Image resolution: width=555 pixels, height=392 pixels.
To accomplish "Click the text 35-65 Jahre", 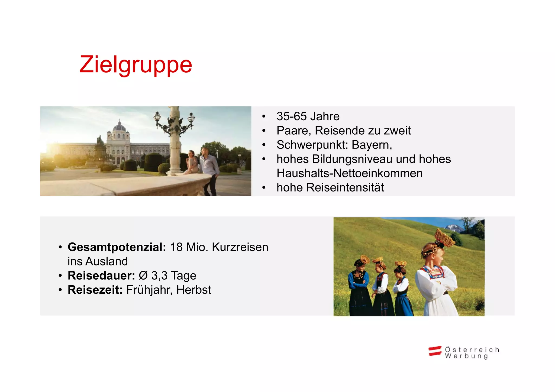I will click(x=308, y=116).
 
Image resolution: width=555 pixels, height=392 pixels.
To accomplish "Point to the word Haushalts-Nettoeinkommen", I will click(x=349, y=173).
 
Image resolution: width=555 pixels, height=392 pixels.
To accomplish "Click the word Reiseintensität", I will click(x=345, y=187).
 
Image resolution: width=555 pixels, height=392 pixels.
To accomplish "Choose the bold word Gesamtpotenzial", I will click(x=117, y=247).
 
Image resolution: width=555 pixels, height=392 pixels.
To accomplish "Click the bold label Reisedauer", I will click(x=101, y=276).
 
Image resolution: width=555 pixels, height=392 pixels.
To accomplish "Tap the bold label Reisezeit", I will click(x=95, y=290).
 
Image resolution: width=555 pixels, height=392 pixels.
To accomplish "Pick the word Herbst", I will click(x=193, y=290).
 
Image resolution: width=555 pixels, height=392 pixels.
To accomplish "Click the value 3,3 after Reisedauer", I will click(x=159, y=276).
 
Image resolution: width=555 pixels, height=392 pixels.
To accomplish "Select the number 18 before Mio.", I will click(x=176, y=247).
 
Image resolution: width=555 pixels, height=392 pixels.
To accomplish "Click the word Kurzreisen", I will click(x=240, y=247).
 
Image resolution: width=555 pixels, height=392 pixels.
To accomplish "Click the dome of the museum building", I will click(x=119, y=127).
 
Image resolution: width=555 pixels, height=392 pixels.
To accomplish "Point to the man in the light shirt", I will click(x=209, y=168).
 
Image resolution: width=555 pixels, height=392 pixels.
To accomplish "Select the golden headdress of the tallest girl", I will click(x=445, y=237).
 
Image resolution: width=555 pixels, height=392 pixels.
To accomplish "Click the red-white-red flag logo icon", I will click(x=435, y=351).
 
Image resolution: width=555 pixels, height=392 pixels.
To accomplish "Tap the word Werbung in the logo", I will click(x=466, y=356).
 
